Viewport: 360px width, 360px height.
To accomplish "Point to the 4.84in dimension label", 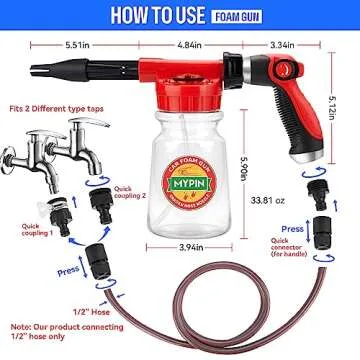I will point(188,45).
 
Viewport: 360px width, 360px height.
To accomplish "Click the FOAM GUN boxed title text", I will point(238,15).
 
